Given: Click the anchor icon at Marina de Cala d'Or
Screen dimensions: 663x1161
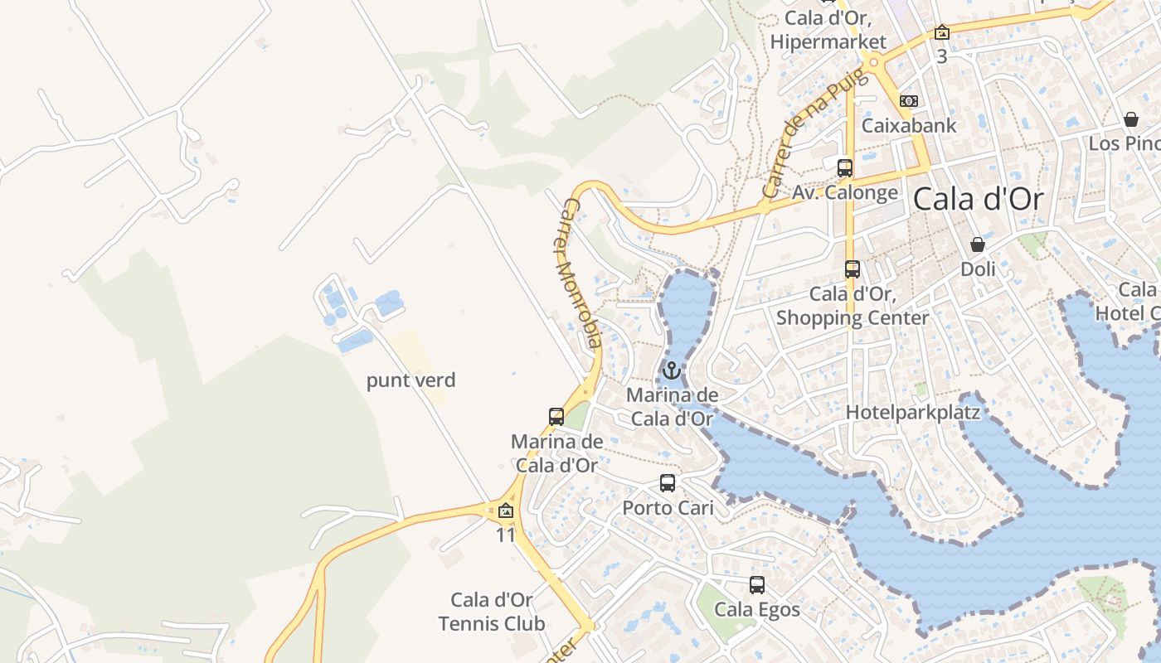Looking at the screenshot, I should pyautogui.click(x=671, y=370).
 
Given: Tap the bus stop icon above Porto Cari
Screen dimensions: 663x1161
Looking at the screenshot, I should pyautogui.click(x=668, y=482).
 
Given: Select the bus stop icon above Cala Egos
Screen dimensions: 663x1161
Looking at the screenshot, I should pyautogui.click(x=757, y=585).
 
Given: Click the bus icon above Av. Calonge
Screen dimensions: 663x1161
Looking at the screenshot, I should pyautogui.click(x=845, y=167).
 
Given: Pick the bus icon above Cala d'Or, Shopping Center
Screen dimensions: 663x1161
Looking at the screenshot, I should pyautogui.click(x=853, y=269).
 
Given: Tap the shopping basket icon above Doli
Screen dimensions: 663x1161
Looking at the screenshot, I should pyautogui.click(x=978, y=244).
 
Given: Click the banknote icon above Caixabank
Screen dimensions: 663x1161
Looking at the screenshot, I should pyautogui.click(x=909, y=101).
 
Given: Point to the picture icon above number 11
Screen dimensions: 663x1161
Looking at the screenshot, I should pyautogui.click(x=506, y=511).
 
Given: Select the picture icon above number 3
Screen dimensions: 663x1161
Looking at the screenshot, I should pyautogui.click(x=941, y=33).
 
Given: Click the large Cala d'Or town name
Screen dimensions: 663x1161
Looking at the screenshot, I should pyautogui.click(x=978, y=200).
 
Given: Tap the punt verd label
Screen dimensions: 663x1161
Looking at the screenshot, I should pyautogui.click(x=411, y=380).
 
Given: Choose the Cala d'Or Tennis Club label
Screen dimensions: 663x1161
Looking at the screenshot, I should pyautogui.click(x=492, y=612).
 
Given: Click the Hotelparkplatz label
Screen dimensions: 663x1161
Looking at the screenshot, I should pyautogui.click(x=913, y=412).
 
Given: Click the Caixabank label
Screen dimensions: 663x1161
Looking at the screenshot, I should pyautogui.click(x=909, y=126).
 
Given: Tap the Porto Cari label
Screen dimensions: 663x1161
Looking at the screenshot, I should pyautogui.click(x=668, y=507).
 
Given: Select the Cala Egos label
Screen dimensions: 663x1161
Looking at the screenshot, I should pyautogui.click(x=757, y=610).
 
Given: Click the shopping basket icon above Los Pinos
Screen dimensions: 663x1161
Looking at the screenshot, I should pyautogui.click(x=1130, y=119).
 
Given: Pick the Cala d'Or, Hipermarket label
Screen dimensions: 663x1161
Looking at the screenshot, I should pyautogui.click(x=835, y=30).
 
